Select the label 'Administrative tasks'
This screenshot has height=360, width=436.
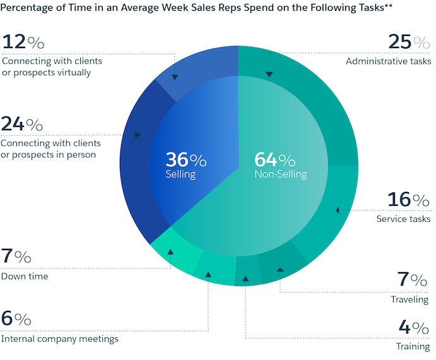pos(388,61)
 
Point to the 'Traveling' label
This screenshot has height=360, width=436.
pos(411,299)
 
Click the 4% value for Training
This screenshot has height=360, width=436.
pos(415,328)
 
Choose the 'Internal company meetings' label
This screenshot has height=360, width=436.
pos(60,339)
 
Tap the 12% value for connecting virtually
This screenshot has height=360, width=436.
pos(23,42)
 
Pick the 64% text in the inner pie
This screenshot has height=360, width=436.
pos(274,159)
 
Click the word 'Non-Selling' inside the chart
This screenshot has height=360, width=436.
pos(280,174)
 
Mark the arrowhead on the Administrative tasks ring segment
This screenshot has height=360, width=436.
pos(269,75)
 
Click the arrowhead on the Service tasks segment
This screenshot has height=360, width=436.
pos(338,210)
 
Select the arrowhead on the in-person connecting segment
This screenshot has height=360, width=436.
pos(138,135)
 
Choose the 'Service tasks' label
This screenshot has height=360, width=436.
pos(403,219)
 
